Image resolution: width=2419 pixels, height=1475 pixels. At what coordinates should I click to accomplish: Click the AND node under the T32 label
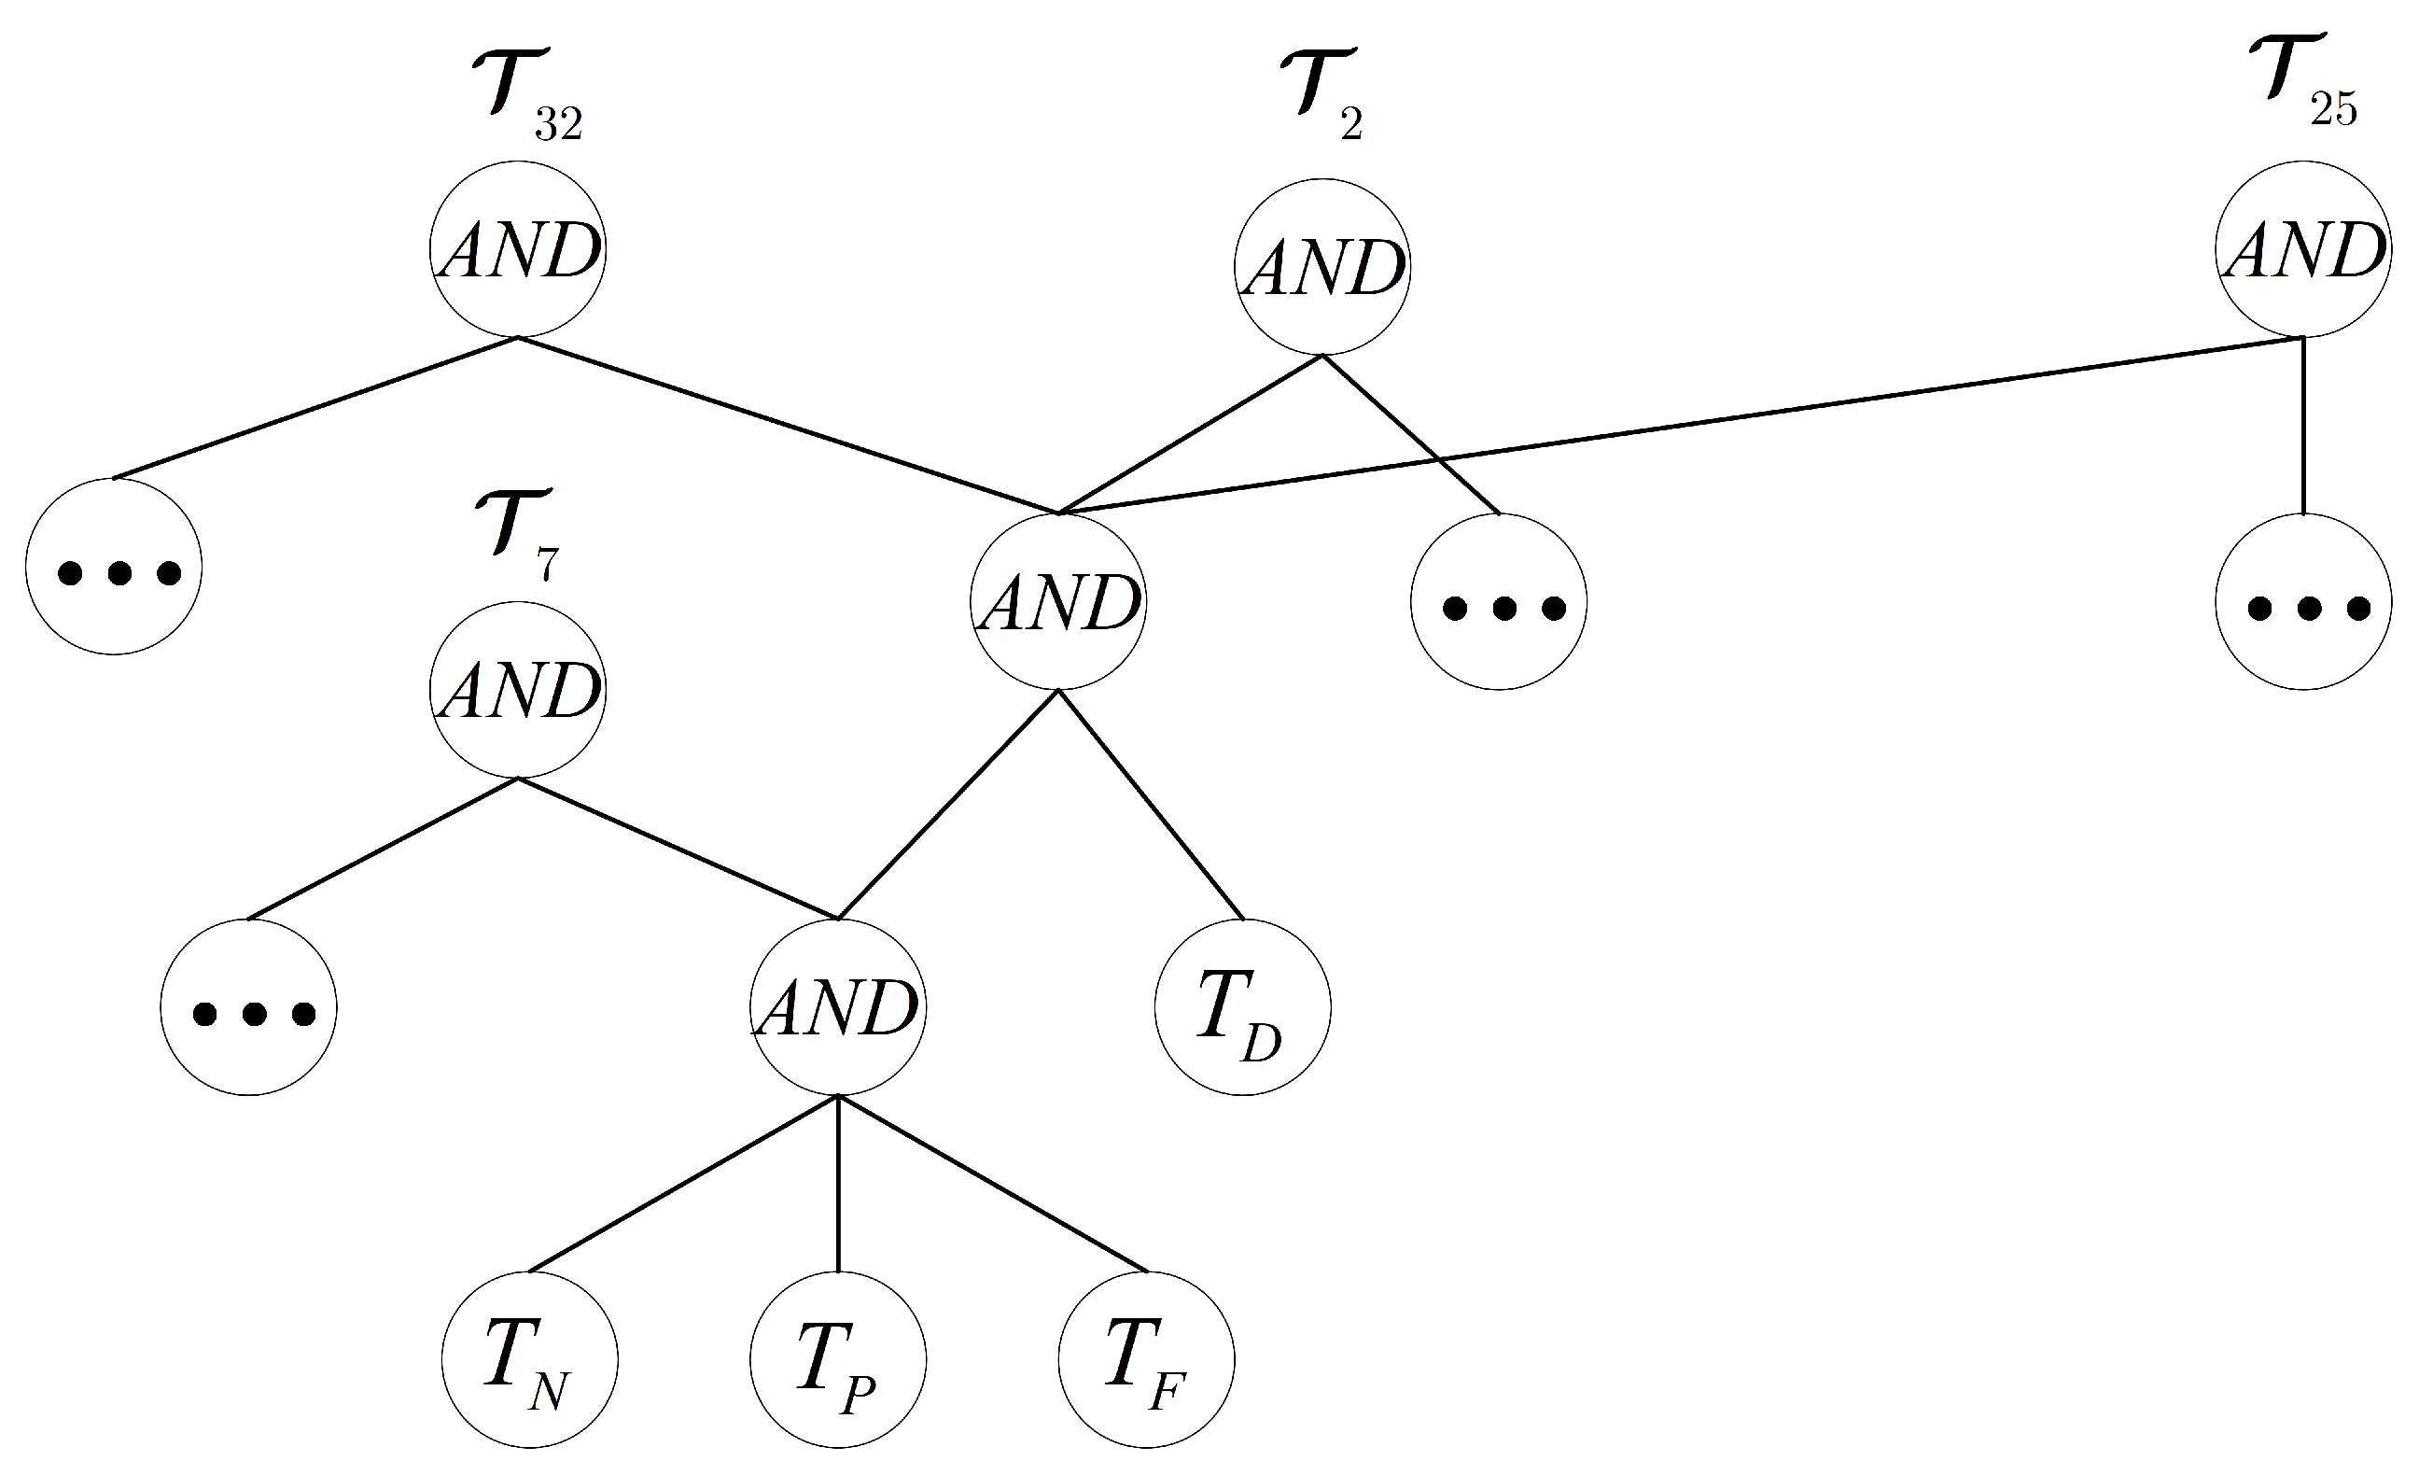pos(517,249)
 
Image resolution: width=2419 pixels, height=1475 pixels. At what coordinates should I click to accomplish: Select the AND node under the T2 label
pos(1322,266)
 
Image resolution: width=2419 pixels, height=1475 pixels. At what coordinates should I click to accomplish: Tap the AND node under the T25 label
pos(2303,249)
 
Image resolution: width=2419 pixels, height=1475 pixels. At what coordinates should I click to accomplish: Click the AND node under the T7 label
pos(517,689)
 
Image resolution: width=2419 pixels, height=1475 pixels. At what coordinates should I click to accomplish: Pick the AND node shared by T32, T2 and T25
pos(1058,601)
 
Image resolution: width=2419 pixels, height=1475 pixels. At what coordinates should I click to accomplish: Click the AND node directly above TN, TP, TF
pos(837,1007)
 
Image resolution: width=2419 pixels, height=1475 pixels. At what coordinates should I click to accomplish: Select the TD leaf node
pos(1242,1007)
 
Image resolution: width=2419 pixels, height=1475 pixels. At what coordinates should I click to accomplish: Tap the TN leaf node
pos(529,1360)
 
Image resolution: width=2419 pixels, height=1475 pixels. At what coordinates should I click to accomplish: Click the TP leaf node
pos(837,1360)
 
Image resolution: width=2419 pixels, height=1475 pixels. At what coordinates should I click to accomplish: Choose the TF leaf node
pos(1146,1360)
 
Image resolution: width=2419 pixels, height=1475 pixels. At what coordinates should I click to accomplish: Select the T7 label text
pos(517,535)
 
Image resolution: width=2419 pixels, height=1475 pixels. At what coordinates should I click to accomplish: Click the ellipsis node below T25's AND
pos(2303,602)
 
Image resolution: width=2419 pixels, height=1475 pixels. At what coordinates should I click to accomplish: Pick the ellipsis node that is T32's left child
pos(114,567)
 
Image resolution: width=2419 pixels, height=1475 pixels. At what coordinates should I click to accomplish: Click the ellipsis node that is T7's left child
pos(248,1007)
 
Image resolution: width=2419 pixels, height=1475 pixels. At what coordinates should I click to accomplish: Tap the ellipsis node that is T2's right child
pos(1498,602)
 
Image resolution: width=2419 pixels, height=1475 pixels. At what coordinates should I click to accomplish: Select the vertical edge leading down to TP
pos(837,1184)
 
